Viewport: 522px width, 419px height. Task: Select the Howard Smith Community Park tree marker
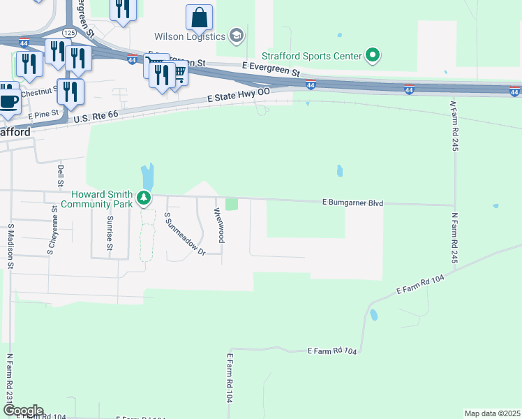(144, 199)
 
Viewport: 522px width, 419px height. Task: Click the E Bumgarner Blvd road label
(353, 203)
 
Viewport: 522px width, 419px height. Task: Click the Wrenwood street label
(218, 225)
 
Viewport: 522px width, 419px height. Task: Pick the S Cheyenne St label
(51, 235)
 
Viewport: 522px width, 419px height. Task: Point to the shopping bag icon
(200, 17)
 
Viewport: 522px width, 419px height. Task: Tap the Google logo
(23, 411)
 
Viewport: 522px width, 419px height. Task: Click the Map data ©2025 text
(492, 413)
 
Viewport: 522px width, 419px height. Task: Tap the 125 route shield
(69, 33)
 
